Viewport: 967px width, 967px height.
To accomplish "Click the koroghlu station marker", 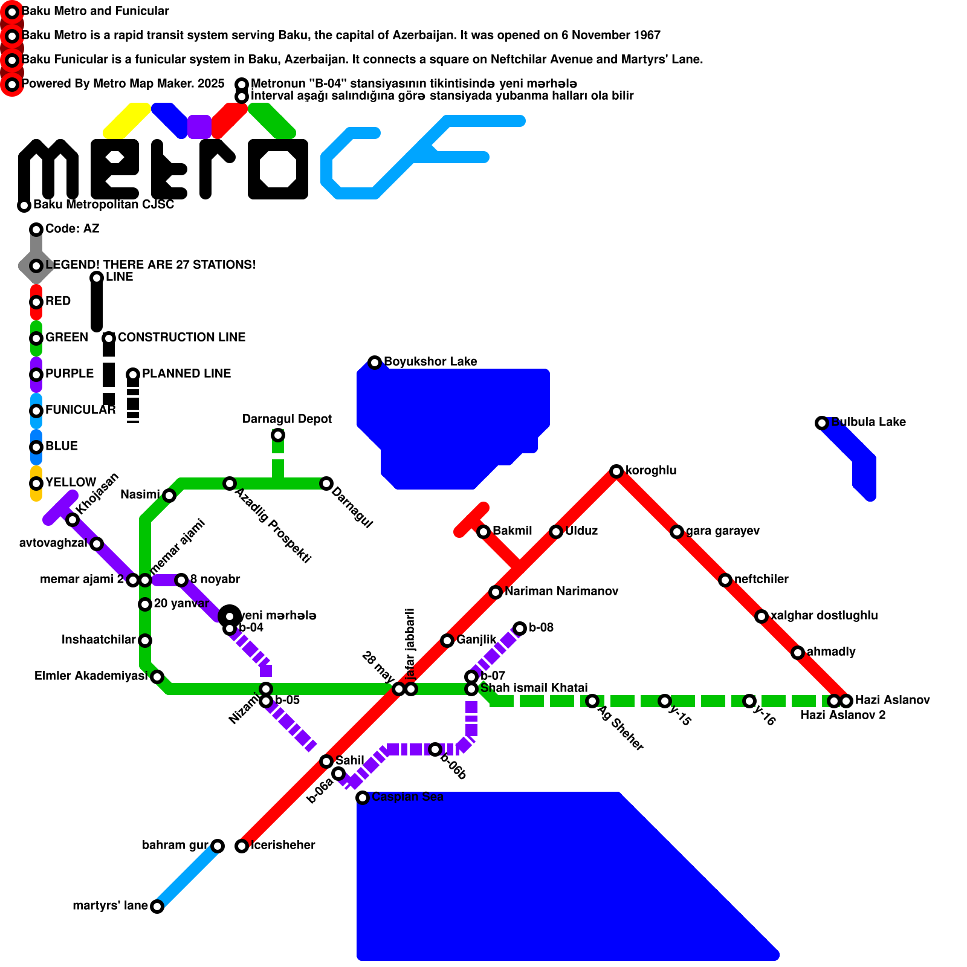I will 616,471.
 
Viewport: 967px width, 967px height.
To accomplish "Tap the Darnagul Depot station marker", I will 277,435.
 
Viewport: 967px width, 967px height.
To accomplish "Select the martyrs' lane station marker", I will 157,907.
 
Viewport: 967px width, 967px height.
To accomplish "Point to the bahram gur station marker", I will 217,846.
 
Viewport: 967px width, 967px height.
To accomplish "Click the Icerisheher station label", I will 283,845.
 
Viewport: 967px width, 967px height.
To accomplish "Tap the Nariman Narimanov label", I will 561,591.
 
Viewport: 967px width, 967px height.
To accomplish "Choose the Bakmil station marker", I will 483,532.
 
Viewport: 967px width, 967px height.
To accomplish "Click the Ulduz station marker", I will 555,532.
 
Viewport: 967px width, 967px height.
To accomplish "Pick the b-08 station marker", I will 519,629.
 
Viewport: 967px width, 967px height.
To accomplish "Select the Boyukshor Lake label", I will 430,361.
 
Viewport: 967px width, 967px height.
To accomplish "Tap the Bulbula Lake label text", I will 868,422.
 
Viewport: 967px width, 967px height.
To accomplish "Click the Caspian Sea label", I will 407,797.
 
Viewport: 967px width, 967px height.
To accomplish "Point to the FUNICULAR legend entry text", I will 80,410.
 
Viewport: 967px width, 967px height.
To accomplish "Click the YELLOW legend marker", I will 36,483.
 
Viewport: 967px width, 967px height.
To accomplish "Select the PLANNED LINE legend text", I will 186,374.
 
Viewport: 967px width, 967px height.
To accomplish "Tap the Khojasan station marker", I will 72,520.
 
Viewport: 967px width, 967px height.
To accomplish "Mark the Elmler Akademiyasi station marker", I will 157,677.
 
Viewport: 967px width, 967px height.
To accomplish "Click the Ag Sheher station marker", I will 592,701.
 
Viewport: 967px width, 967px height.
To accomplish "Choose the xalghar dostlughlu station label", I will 824,615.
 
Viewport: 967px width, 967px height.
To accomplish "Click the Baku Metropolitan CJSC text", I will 103,204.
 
